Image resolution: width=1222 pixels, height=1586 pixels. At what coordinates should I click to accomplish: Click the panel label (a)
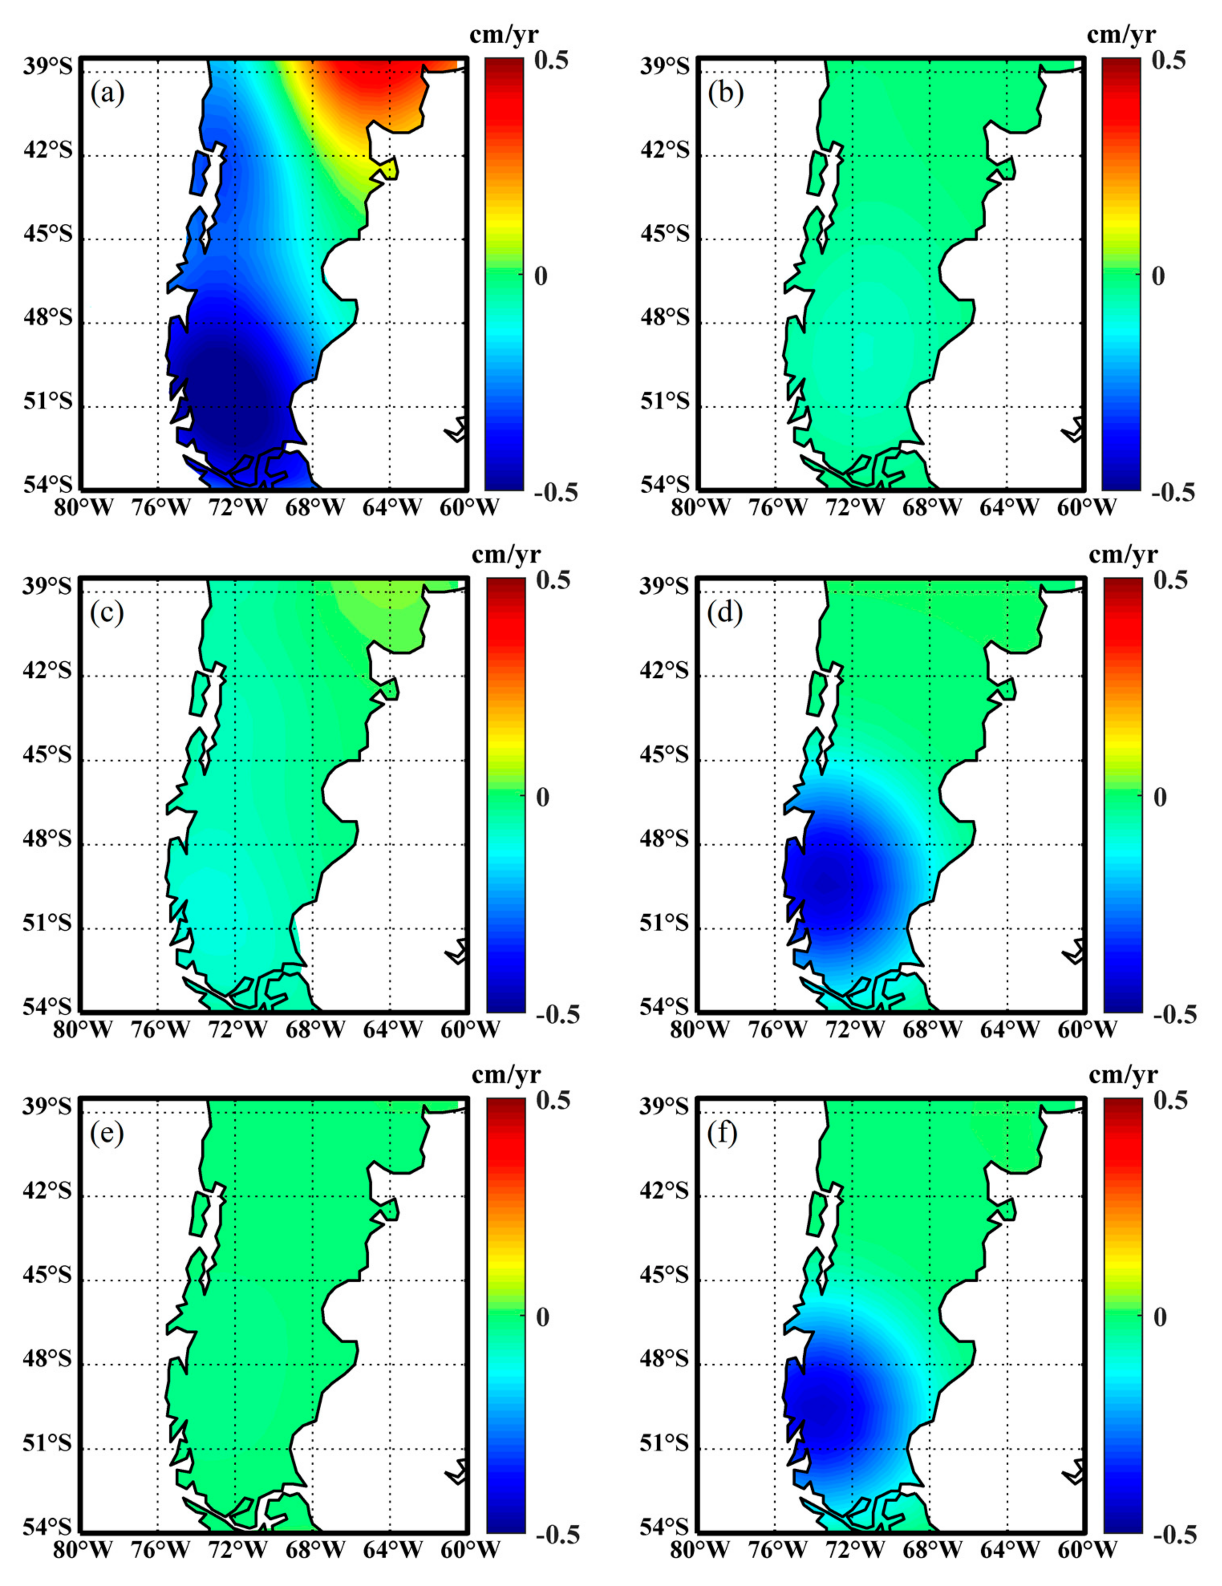(x=107, y=94)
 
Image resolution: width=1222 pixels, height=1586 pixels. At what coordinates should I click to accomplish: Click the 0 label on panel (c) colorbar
(x=542, y=797)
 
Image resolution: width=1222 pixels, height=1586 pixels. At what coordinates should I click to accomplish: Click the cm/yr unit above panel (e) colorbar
(x=506, y=1074)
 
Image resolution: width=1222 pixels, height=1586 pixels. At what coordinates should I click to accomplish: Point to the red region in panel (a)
(x=377, y=80)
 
